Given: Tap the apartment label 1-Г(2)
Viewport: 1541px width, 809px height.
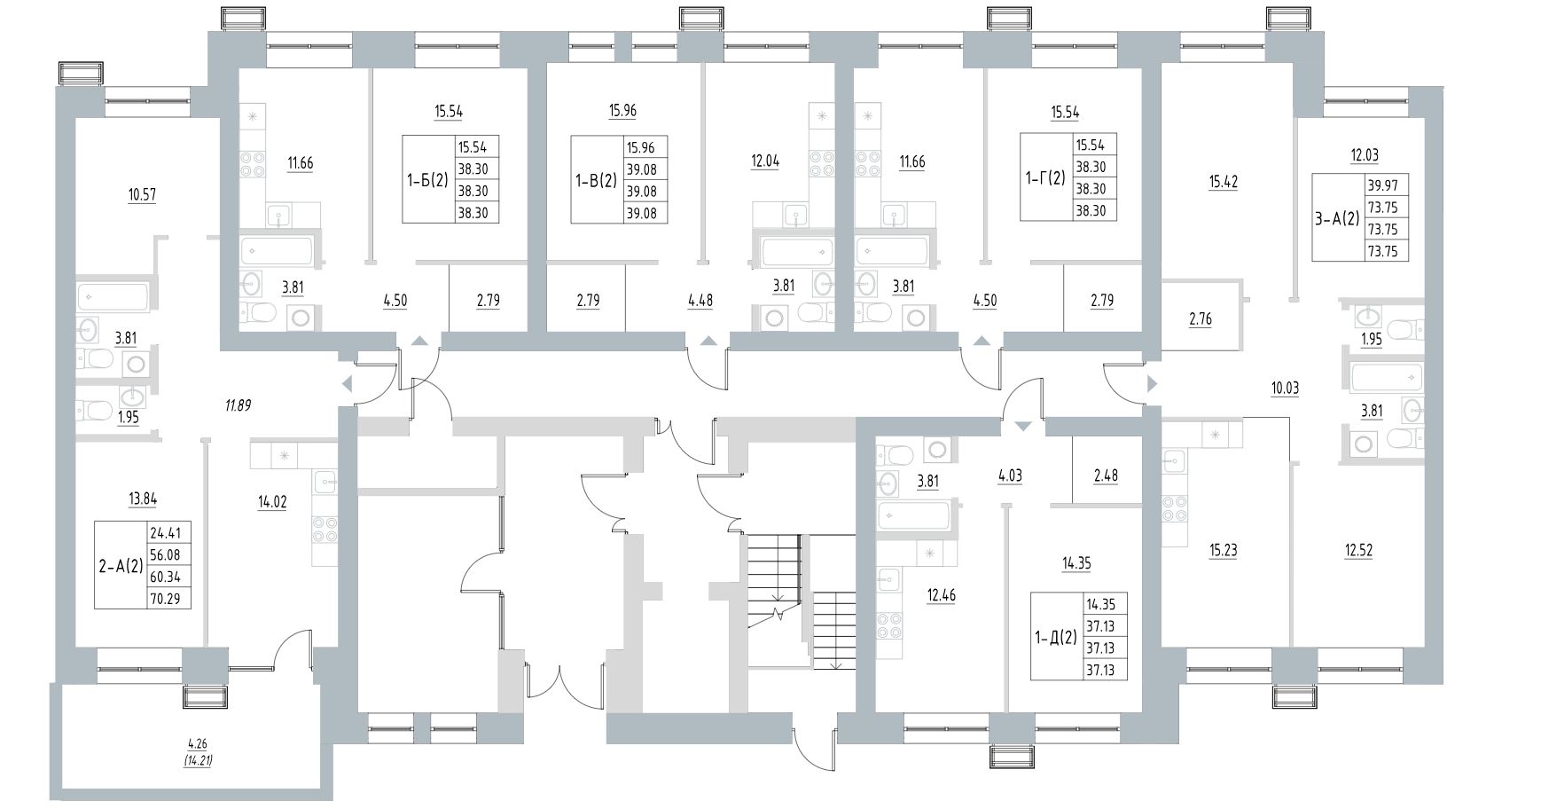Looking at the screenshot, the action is (x=1046, y=177).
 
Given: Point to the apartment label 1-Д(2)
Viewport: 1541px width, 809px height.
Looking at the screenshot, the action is (x=1057, y=636).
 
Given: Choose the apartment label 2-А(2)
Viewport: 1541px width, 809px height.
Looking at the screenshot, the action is (x=121, y=565).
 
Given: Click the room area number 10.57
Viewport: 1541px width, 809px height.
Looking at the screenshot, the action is (x=142, y=194).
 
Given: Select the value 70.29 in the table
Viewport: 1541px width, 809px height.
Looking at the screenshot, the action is (x=165, y=598).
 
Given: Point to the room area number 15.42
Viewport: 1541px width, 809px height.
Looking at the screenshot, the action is (x=1223, y=182).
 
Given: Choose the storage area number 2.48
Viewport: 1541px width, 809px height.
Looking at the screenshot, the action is (x=1105, y=475).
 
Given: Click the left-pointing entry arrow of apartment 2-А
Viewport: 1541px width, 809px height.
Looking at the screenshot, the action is (x=347, y=384).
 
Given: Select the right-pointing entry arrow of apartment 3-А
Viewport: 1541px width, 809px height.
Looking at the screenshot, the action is (x=1152, y=384).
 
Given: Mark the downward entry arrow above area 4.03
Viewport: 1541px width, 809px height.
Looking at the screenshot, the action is (x=1023, y=427).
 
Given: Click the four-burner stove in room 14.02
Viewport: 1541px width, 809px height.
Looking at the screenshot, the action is (x=325, y=529).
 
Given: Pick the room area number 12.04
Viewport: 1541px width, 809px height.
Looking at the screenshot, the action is (x=765, y=162).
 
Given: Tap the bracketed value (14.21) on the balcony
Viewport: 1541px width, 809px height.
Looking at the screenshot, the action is (x=203, y=760).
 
